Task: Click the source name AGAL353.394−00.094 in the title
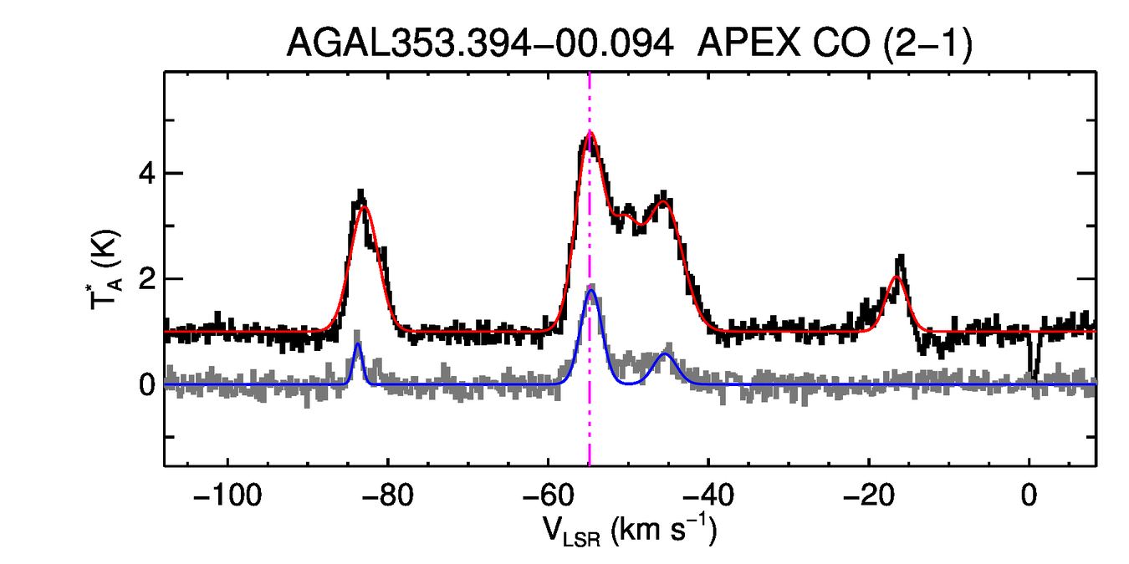click(480, 43)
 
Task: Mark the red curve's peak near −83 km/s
click(363, 206)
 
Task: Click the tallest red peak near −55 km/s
click(590, 132)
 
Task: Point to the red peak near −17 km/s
click(897, 277)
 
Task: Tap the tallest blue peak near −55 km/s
click(591, 290)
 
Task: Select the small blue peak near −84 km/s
click(358, 343)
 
